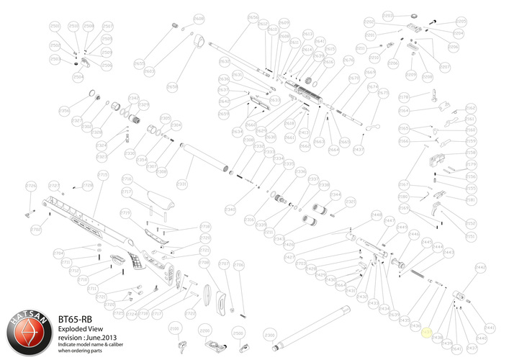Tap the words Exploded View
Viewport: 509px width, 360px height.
tap(78, 326)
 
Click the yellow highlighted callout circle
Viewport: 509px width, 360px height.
tap(426, 333)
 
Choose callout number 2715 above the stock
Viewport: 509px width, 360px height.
tap(102, 175)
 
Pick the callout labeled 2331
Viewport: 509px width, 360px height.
tap(182, 185)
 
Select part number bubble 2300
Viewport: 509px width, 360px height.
tap(271, 336)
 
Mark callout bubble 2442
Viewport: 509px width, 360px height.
tap(481, 268)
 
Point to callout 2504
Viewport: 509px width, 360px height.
tap(78, 76)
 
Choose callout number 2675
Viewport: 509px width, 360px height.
tap(383, 93)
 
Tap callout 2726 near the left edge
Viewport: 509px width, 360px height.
tap(31, 186)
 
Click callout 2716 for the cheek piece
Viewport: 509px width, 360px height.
tap(127, 179)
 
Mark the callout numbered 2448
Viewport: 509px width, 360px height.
tap(376, 215)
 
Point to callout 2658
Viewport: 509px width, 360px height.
tap(172, 86)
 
